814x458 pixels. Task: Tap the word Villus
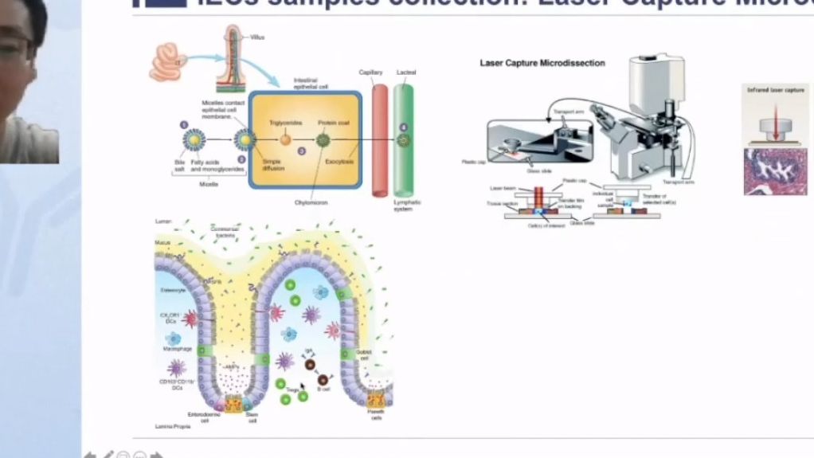(257, 37)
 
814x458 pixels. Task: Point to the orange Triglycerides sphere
(284, 139)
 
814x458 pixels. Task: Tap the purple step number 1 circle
(183, 125)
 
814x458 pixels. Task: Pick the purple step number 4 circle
(403, 127)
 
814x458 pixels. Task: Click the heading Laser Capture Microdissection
(542, 63)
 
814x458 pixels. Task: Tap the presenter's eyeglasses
(16, 48)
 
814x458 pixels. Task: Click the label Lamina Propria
(171, 428)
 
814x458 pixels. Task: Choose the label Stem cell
(252, 417)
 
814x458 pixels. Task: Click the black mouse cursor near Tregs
(303, 388)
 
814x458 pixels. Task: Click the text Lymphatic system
(407, 206)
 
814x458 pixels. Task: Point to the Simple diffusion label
(272, 165)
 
